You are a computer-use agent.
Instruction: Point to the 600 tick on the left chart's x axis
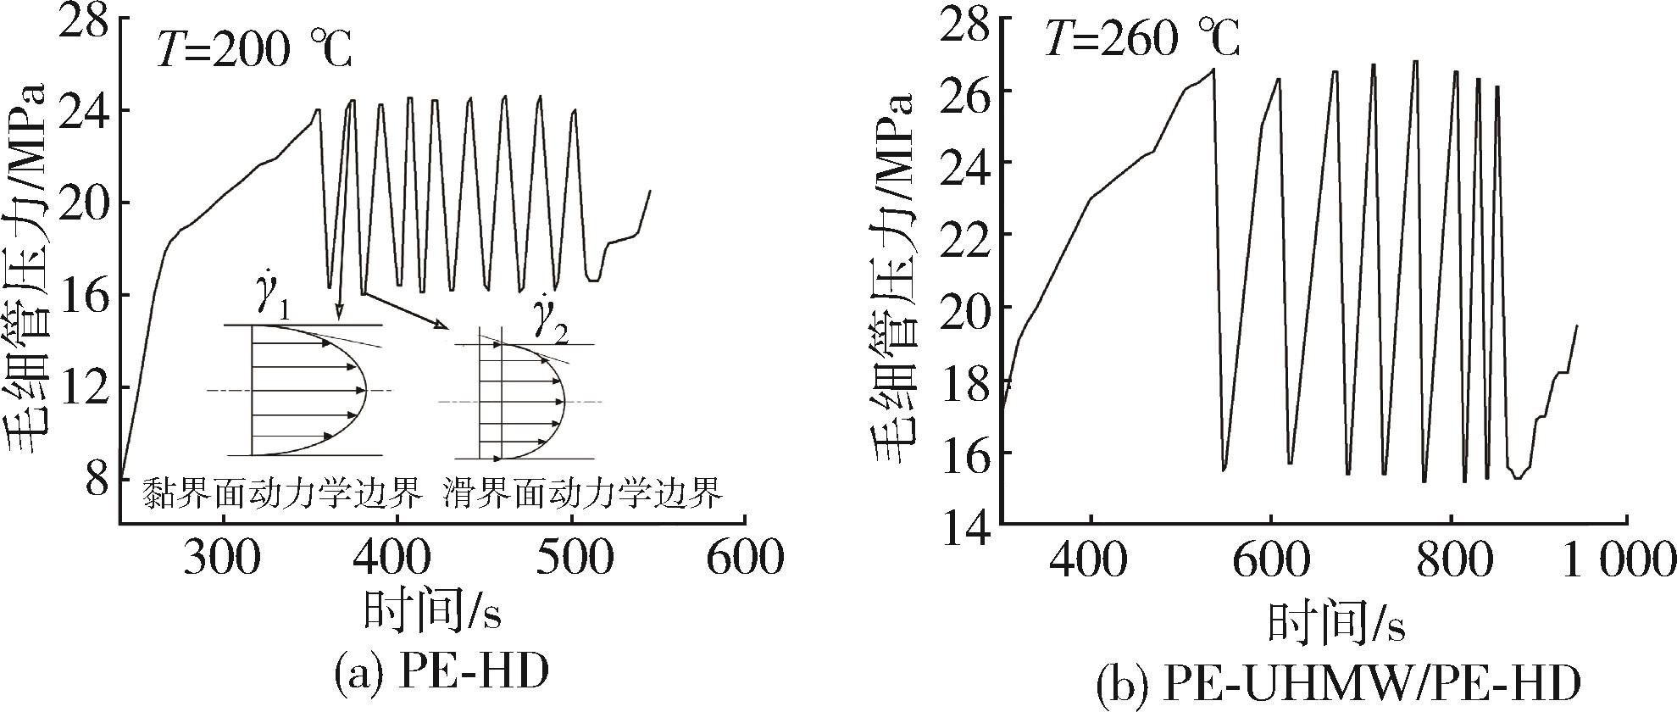(744, 559)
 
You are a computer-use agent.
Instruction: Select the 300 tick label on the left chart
(223, 559)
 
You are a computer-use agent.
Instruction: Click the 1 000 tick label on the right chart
(1619, 561)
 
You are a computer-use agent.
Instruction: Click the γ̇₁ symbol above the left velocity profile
(271, 300)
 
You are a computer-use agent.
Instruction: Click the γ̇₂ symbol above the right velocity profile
(549, 321)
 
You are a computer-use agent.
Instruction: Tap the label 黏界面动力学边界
(282, 492)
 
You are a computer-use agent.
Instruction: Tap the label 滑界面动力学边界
(582, 492)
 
